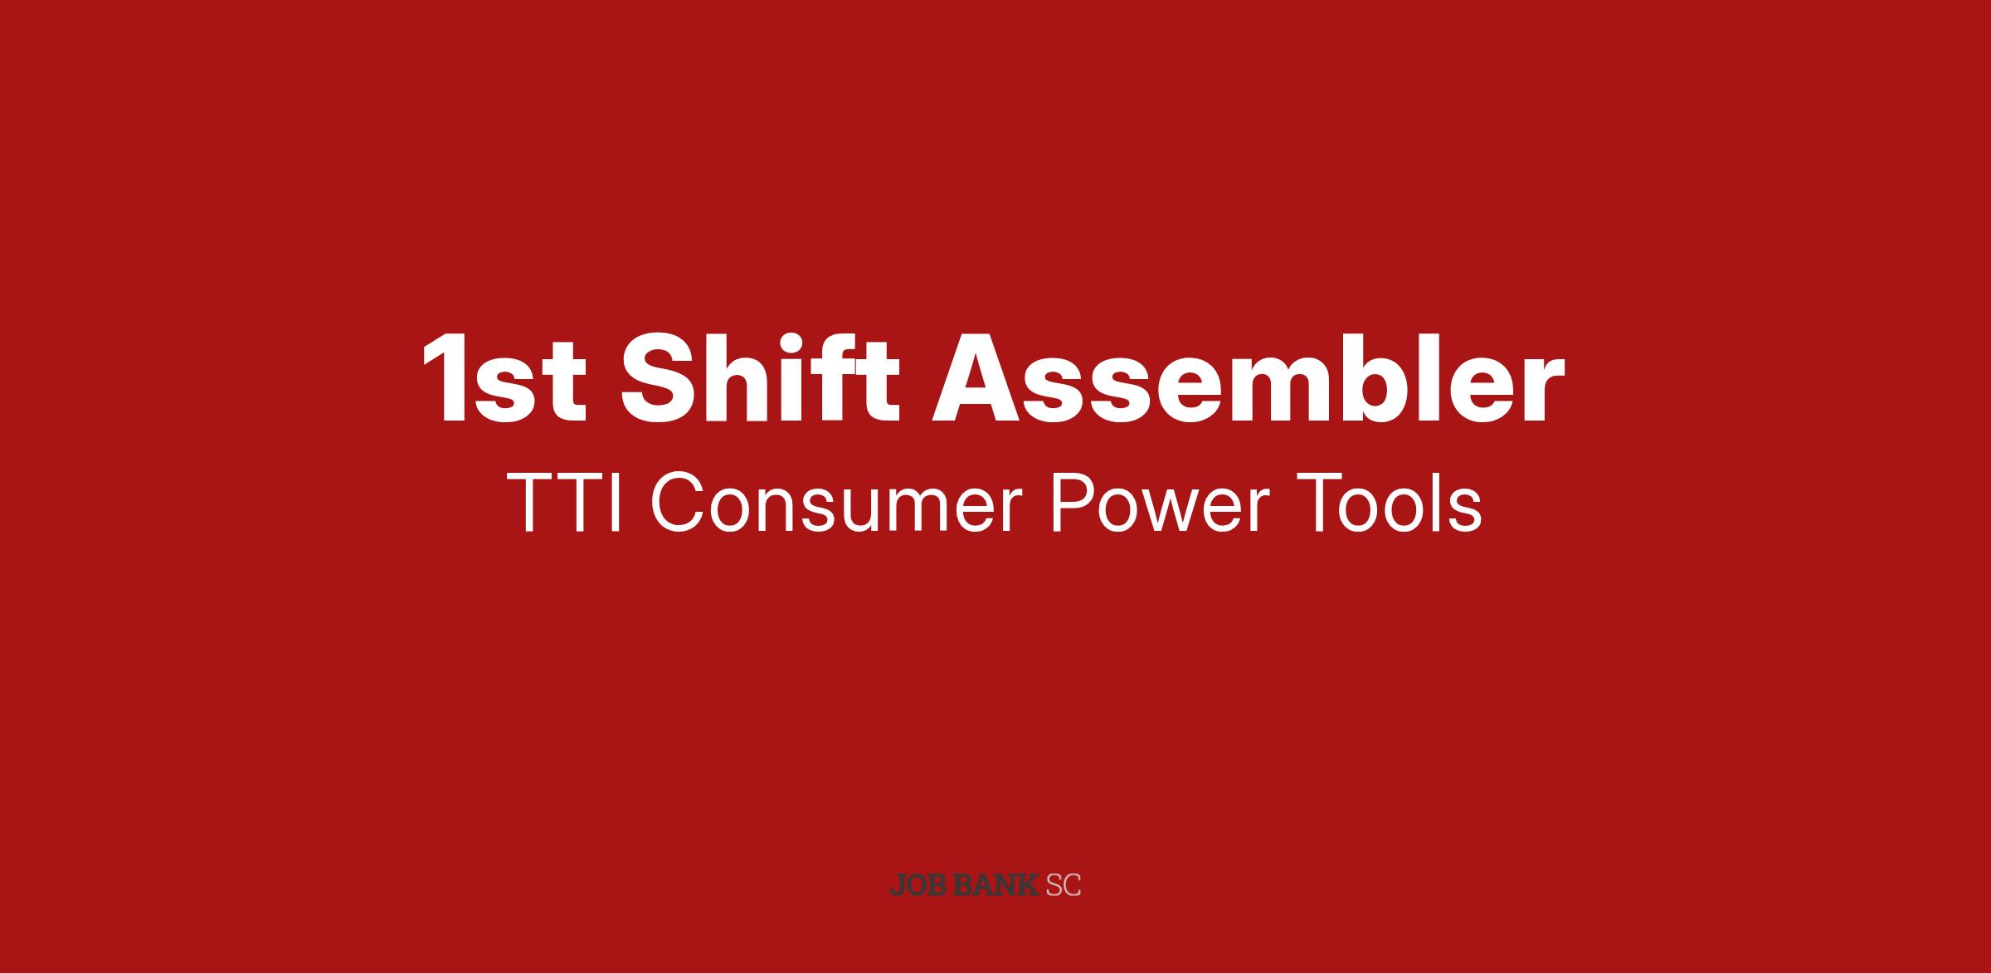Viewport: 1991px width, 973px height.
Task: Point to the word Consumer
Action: (x=835, y=504)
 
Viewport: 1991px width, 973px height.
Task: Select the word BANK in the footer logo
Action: (x=996, y=885)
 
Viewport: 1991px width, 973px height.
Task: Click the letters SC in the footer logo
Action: (x=1064, y=885)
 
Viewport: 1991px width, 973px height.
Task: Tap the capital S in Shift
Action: (x=658, y=378)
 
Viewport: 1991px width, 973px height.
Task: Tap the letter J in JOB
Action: (x=897, y=885)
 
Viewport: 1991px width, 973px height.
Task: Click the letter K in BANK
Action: (x=1029, y=885)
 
